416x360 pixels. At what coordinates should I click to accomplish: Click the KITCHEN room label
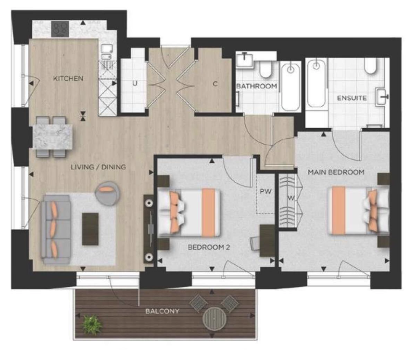(x=68, y=78)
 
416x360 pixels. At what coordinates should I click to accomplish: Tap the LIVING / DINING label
(x=98, y=167)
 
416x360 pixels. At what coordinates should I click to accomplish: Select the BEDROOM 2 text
(x=209, y=248)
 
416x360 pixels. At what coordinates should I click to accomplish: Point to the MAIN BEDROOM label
(x=336, y=172)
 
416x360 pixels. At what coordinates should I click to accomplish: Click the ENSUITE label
(x=352, y=98)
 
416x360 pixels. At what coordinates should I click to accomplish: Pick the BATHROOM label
(x=256, y=86)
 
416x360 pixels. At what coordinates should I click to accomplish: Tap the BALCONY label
(x=163, y=311)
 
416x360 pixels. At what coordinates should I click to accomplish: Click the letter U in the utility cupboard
(x=135, y=84)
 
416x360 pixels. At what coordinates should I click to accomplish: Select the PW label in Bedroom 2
(x=265, y=191)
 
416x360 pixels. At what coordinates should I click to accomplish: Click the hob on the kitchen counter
(x=60, y=29)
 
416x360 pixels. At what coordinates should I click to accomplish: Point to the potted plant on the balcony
(x=92, y=324)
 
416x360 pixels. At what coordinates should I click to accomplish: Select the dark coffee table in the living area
(x=90, y=229)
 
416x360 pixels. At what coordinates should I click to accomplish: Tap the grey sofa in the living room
(x=56, y=229)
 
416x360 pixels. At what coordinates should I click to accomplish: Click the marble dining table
(x=52, y=137)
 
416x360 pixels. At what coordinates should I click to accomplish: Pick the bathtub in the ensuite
(x=316, y=84)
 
